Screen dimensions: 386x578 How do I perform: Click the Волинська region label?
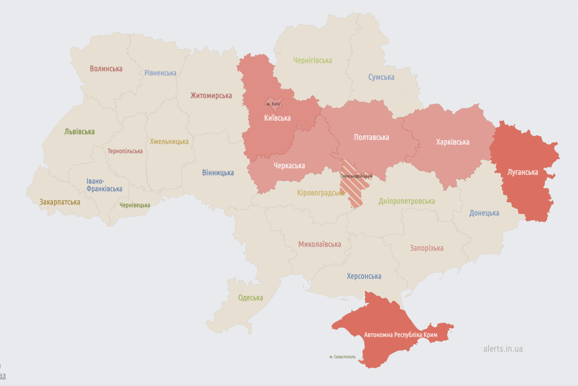[x=106, y=69]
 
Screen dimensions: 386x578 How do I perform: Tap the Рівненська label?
[x=160, y=73]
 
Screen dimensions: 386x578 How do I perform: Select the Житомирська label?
[x=211, y=96]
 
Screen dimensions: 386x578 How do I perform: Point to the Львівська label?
[x=79, y=132]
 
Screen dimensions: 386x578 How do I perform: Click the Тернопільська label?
[x=125, y=151]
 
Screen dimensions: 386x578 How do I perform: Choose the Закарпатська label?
[x=60, y=202]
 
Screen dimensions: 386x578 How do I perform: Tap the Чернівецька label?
[x=135, y=205]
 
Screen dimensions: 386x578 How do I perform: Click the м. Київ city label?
[x=273, y=104]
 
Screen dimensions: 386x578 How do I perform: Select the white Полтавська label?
[x=371, y=137]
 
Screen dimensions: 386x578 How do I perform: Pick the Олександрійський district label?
[x=356, y=176]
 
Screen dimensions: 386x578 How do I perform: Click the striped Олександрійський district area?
[x=353, y=192]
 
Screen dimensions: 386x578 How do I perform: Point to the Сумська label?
[x=381, y=77]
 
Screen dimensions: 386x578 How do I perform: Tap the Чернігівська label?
[x=313, y=61]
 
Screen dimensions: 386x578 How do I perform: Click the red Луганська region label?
[x=523, y=172]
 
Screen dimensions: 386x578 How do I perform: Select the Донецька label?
[x=484, y=213]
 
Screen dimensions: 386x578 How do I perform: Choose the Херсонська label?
[x=364, y=276]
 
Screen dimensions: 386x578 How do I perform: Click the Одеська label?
[x=250, y=298]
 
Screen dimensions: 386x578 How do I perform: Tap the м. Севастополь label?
[x=342, y=357]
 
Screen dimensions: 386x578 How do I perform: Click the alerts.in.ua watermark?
[x=503, y=349]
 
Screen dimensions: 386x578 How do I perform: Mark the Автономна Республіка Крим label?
[x=401, y=335]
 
